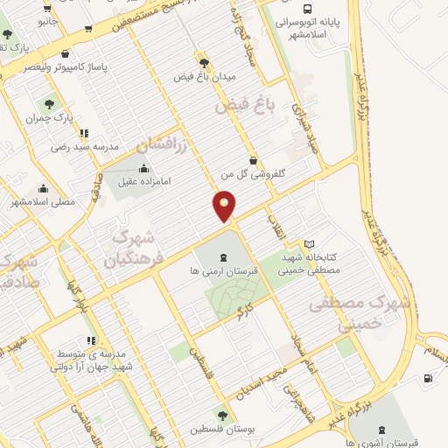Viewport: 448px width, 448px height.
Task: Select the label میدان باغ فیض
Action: pos(206,77)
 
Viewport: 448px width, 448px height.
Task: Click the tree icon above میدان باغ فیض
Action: pos(205,62)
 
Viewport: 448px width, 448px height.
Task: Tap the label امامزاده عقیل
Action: pos(143,184)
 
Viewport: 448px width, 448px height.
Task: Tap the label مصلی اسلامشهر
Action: pos(44,201)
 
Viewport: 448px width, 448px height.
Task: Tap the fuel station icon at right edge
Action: pos(427,378)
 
